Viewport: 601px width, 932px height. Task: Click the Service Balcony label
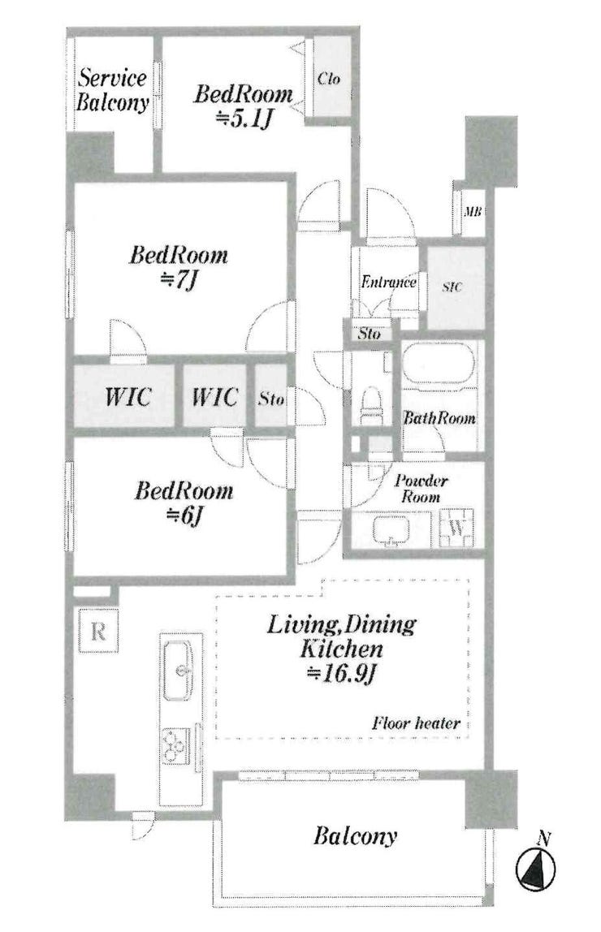pyautogui.click(x=112, y=89)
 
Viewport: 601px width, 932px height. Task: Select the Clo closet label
pyautogui.click(x=329, y=77)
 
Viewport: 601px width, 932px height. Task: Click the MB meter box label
pyautogui.click(x=473, y=212)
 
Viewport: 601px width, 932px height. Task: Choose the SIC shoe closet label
pyautogui.click(x=452, y=287)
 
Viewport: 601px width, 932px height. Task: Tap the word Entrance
pyautogui.click(x=388, y=281)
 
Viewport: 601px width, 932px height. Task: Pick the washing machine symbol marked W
pyautogui.click(x=456, y=527)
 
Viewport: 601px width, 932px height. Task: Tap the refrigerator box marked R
pyautogui.click(x=98, y=632)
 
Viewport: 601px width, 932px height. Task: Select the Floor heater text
pyautogui.click(x=416, y=723)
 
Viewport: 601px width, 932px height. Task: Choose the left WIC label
pyautogui.click(x=128, y=396)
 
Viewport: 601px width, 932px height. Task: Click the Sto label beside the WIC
pyautogui.click(x=270, y=398)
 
